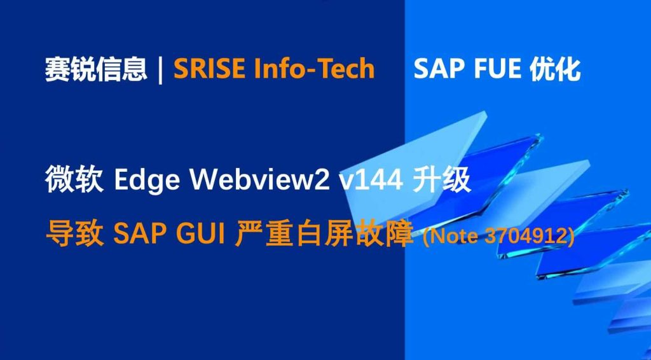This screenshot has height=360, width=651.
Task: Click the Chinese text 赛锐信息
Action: click(96, 69)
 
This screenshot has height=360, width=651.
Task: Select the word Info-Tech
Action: click(315, 69)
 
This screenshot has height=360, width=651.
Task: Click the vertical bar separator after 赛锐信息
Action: click(161, 70)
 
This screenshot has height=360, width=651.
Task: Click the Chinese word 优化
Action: click(555, 69)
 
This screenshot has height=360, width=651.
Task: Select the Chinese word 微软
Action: click(74, 180)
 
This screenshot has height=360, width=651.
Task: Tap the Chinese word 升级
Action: click(442, 180)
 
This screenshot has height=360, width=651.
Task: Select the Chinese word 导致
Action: click(74, 235)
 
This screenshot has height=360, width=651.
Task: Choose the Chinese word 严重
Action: click(265, 235)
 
